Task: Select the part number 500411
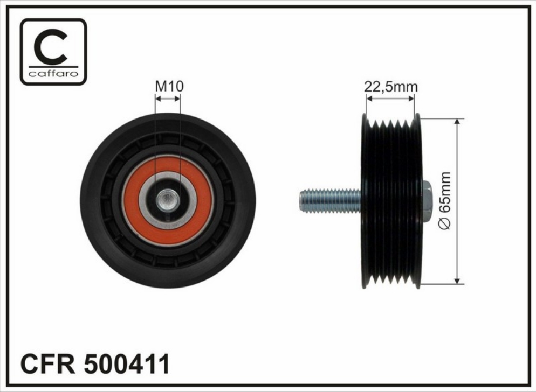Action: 127,364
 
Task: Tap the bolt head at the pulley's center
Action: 167,201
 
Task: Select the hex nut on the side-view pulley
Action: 425,201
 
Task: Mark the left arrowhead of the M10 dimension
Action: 157,98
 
